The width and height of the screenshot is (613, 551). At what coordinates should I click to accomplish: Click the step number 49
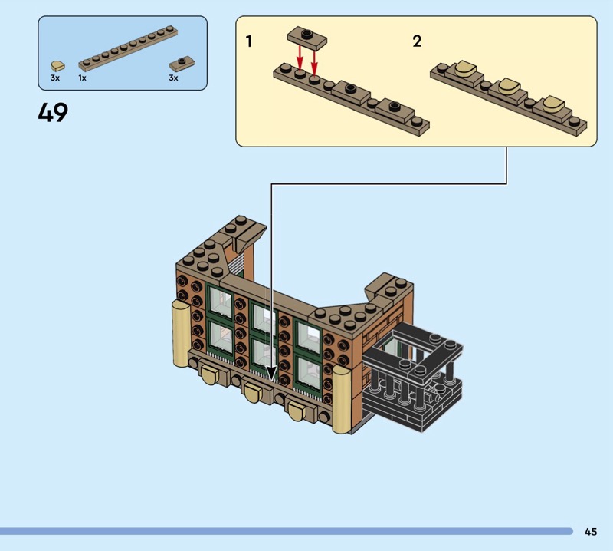tap(53, 112)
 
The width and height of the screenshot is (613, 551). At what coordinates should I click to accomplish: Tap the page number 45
tap(591, 531)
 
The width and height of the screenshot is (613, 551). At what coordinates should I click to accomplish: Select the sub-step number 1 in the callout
tap(248, 41)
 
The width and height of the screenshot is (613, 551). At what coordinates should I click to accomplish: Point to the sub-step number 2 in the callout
tap(417, 41)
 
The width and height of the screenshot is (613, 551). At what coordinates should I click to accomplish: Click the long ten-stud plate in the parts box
tap(128, 48)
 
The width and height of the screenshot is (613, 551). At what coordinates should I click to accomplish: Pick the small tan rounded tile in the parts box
tap(58, 66)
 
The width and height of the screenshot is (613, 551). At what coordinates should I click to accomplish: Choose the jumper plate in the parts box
tap(182, 64)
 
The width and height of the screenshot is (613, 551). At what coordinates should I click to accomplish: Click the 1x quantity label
tap(82, 78)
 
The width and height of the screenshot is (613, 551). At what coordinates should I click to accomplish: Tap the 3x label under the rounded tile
tap(55, 78)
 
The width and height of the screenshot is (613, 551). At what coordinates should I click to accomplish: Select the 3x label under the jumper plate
tap(174, 78)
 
